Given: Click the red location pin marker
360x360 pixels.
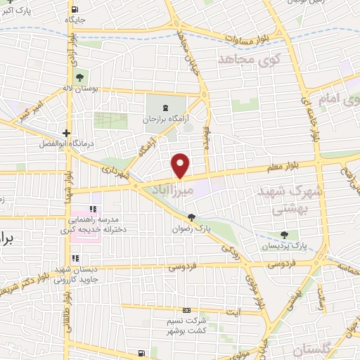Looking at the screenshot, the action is (181, 165).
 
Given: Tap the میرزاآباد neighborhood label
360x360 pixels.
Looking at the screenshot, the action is (172, 189).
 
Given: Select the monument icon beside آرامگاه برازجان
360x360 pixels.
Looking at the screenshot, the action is (166, 107).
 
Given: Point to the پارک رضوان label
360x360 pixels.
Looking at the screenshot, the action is (190, 229).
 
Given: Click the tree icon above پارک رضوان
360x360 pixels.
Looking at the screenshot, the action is (191, 217).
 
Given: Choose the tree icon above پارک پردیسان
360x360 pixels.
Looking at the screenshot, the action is (284, 235).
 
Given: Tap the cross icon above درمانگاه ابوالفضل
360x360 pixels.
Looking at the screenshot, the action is (65, 132).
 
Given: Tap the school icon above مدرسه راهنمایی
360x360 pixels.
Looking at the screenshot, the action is (92, 210).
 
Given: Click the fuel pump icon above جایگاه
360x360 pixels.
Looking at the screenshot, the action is (75, 9).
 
